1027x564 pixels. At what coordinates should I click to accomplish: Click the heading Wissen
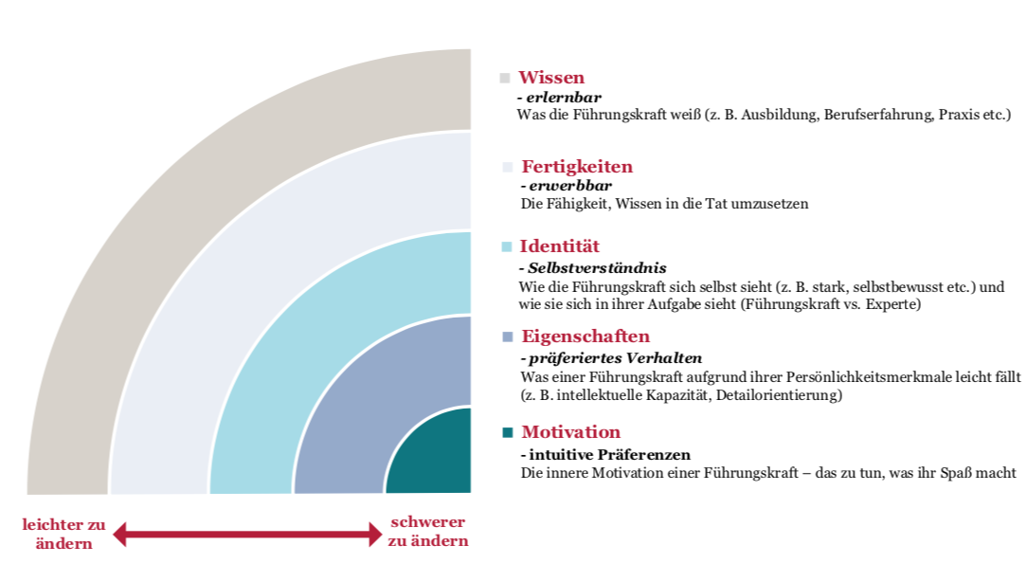tap(550, 78)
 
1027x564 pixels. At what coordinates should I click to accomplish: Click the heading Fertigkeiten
tap(577, 167)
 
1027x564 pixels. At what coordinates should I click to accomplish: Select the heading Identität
tap(559, 246)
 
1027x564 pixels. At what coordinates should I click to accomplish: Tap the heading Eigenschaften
tap(586, 337)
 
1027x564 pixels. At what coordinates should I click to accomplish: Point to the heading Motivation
tap(570, 432)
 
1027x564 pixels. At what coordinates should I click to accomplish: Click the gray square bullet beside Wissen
tap(504, 78)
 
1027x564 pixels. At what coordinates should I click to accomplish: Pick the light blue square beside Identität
tap(506, 247)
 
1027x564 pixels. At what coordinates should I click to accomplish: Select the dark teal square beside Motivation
tap(507, 432)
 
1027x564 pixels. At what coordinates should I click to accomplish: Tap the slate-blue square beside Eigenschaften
tap(507, 337)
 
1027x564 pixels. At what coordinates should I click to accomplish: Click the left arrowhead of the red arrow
tap(119, 534)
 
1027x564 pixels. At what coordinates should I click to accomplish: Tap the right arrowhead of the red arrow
tap(375, 534)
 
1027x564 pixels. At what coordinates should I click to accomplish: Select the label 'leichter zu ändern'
tap(63, 534)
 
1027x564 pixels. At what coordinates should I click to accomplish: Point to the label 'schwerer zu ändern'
tap(428, 531)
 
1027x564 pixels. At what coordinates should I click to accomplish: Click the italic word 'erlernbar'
tap(564, 98)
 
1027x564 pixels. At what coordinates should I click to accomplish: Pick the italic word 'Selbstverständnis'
tap(597, 268)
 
